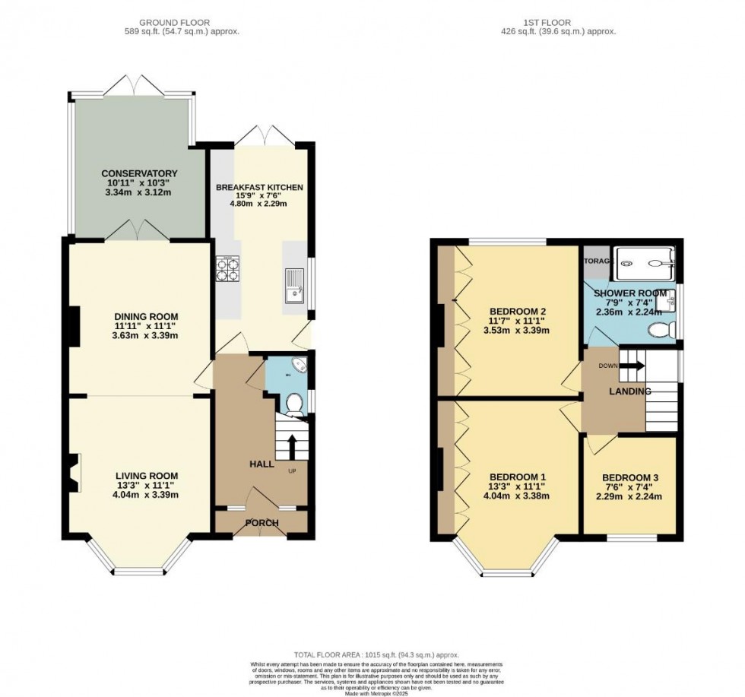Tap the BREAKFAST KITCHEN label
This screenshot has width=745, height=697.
(x=259, y=187)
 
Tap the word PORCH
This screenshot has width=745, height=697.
(x=261, y=523)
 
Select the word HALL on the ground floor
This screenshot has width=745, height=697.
(x=261, y=464)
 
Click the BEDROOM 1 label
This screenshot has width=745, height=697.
(x=518, y=477)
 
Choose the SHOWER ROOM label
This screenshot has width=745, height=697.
(x=630, y=293)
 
